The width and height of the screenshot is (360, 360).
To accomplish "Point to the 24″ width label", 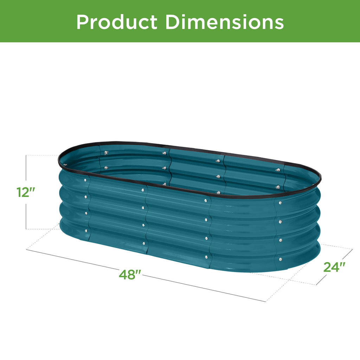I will (x=334, y=267).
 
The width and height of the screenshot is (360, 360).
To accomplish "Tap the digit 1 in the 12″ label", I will (x=20, y=192).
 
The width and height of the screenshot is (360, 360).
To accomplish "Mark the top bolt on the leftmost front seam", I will (x=85, y=180).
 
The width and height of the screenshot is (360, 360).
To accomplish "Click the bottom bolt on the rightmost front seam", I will (x=280, y=259).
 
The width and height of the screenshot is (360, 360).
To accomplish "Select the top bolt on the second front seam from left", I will (x=143, y=190).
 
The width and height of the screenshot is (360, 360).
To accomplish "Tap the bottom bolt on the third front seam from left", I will (x=206, y=257).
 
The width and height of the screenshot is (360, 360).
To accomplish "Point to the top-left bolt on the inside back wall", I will (x=105, y=153).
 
